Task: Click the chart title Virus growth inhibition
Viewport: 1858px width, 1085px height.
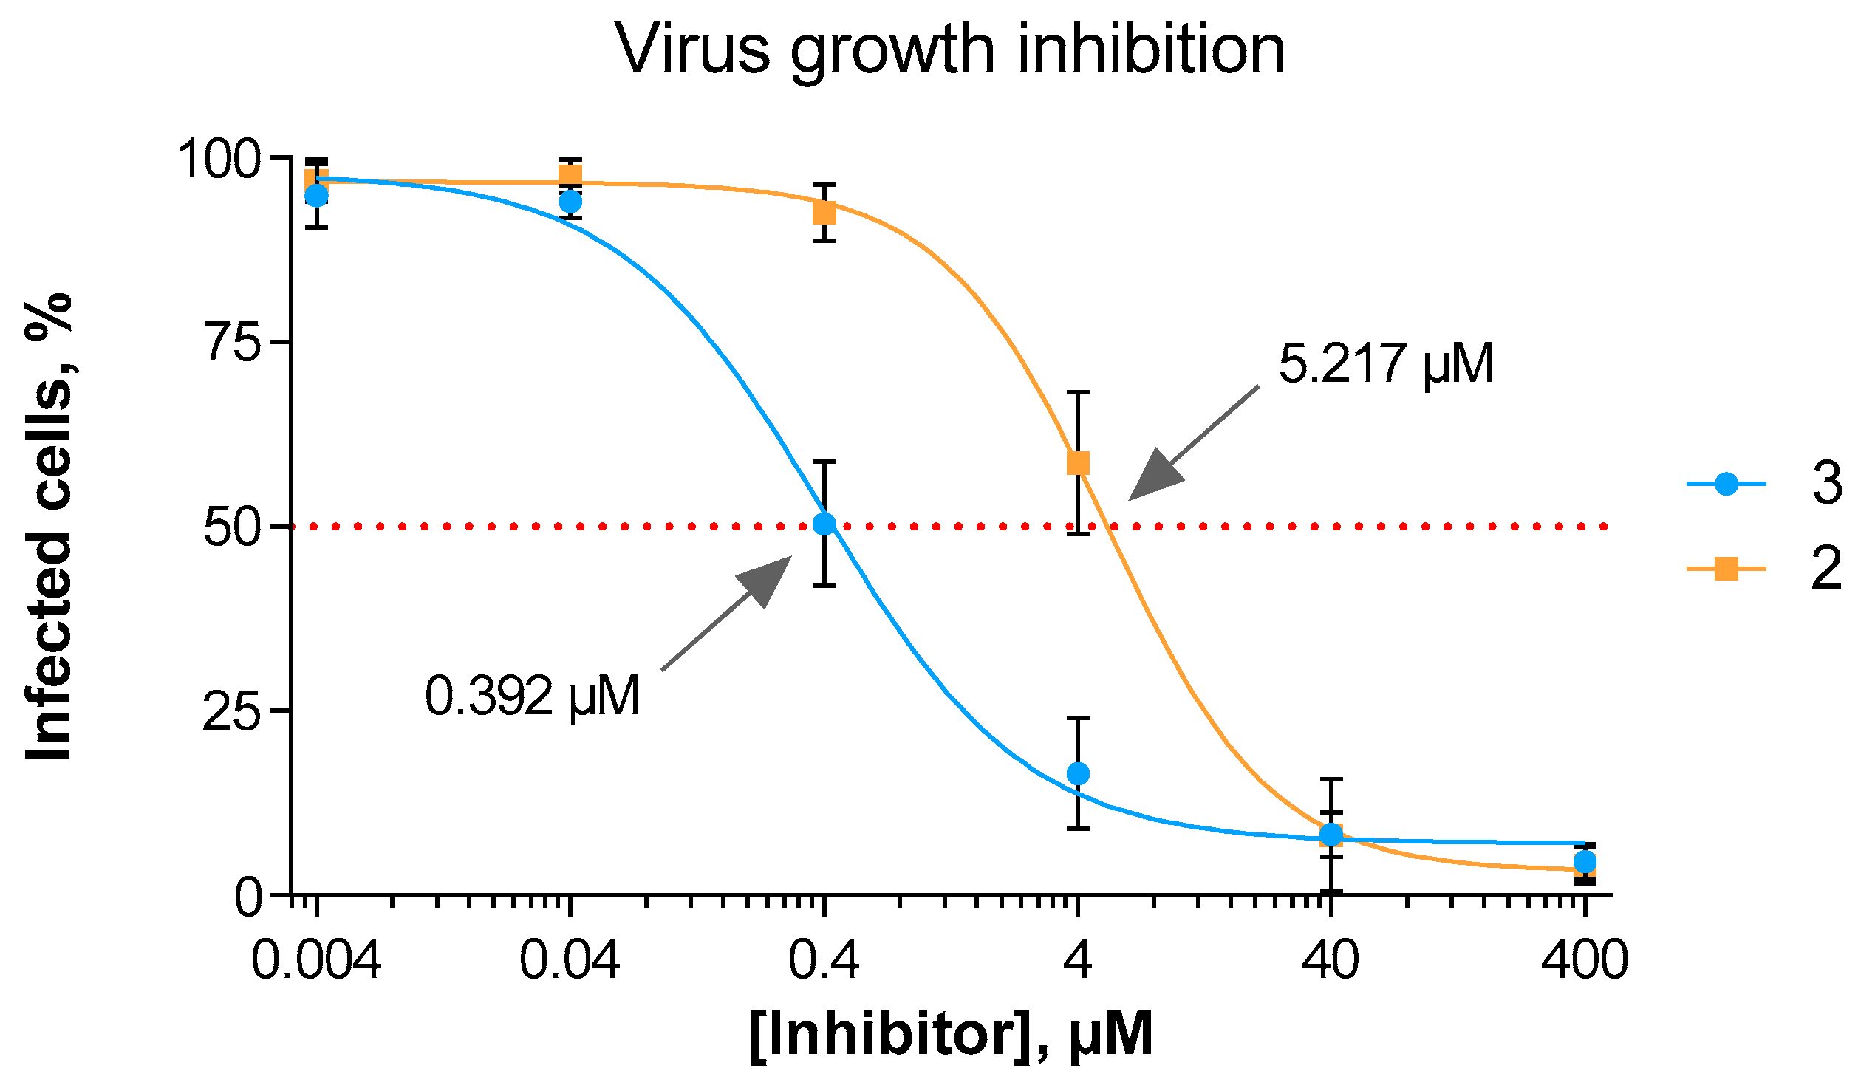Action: click(x=951, y=50)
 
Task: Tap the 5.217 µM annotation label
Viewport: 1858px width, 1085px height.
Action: click(x=1386, y=364)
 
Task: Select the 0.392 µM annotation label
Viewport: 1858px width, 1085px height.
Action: click(x=532, y=696)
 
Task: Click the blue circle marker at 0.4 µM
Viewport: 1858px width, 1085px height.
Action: click(x=824, y=524)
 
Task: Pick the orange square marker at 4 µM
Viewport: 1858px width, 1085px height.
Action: click(x=1079, y=463)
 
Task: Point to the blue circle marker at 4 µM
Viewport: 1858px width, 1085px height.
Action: click(x=1079, y=773)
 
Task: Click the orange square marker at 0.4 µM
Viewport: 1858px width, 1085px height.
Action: click(x=824, y=213)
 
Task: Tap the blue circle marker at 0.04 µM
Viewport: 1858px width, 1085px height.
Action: click(x=570, y=202)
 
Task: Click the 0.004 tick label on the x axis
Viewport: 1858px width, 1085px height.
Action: click(x=316, y=961)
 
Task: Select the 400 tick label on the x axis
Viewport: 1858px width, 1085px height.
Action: click(x=1585, y=961)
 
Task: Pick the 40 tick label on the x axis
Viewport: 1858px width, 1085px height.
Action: click(x=1331, y=961)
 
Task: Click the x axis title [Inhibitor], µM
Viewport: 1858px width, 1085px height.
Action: click(x=951, y=1035)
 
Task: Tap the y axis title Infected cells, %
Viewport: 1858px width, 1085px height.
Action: click(x=49, y=526)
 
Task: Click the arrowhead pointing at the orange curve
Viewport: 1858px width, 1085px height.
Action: click(x=1155, y=476)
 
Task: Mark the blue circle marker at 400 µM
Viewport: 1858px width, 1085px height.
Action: click(x=1585, y=862)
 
